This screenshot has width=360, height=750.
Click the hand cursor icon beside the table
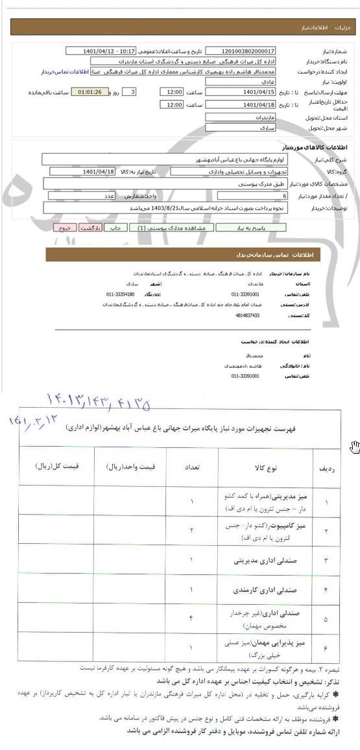pyautogui.click(x=354, y=446)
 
